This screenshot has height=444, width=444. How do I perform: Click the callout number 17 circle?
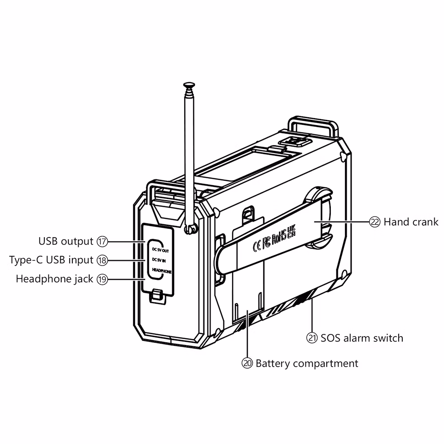[x=102, y=242]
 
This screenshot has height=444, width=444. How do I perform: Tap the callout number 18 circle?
[x=102, y=260]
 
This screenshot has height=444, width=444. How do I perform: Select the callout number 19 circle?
[x=102, y=279]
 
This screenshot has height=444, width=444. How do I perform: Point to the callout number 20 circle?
[x=247, y=363]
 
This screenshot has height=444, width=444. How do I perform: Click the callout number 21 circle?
[x=313, y=338]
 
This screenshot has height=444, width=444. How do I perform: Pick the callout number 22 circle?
[x=375, y=222]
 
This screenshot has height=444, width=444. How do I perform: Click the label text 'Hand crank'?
[x=411, y=222]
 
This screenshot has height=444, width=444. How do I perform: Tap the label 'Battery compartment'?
[x=307, y=363]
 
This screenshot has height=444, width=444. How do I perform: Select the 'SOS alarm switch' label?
[x=362, y=338]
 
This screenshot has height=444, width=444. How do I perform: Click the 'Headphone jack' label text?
[x=55, y=279]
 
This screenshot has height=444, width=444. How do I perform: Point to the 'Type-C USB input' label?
[x=51, y=260]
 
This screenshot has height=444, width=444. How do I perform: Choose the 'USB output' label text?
[x=66, y=242]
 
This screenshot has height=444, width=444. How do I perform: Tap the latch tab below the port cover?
[x=156, y=295]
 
